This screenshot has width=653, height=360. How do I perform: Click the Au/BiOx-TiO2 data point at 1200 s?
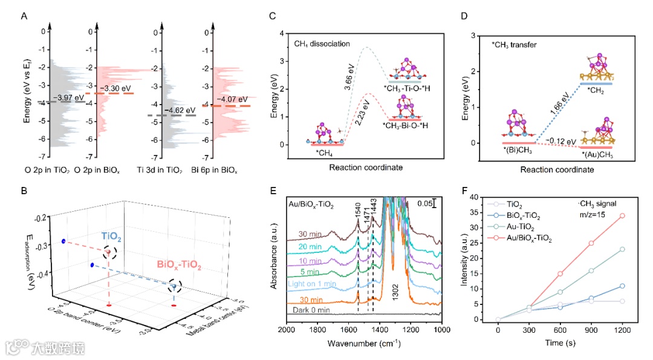[622, 215]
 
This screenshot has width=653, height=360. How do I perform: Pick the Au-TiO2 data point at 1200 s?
[622, 249]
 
